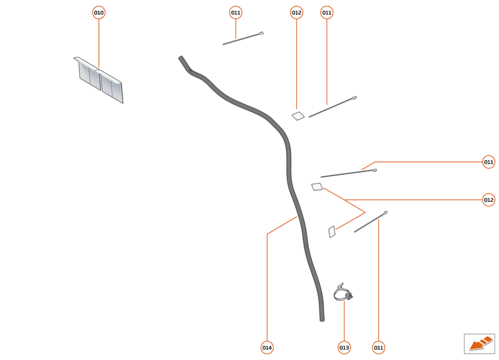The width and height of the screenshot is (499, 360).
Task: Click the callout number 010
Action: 99,13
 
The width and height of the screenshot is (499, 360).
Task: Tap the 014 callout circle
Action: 267,348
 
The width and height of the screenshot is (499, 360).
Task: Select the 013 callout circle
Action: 344,348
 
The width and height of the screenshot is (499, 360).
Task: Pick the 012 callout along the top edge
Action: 296,13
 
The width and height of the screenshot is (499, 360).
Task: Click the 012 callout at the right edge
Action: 489,200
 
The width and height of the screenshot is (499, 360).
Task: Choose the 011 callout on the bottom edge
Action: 378,348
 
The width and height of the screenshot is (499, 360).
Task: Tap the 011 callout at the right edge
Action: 489,162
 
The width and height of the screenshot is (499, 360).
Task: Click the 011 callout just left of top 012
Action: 236,13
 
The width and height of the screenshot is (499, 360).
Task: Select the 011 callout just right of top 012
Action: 327,13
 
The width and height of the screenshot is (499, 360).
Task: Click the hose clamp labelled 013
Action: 343,294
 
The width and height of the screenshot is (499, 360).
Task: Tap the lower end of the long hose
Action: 321,317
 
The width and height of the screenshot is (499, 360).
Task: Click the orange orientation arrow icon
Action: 479,343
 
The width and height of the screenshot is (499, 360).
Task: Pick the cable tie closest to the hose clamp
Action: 370,222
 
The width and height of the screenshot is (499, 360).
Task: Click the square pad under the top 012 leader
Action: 298,116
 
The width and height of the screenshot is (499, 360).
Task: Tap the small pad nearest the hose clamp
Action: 332,232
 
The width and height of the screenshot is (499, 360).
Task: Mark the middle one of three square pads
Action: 316,187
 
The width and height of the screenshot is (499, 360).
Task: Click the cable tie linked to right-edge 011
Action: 349,173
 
